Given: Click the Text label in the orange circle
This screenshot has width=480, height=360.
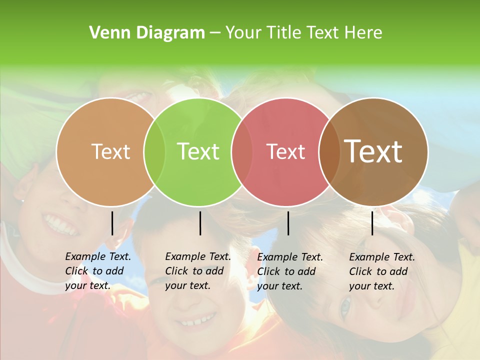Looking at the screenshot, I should [110, 151].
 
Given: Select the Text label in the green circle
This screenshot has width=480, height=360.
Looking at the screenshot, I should [198, 151].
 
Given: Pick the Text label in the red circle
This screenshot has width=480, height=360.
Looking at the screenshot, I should [285, 151].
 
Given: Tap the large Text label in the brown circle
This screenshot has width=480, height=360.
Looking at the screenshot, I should [373, 151].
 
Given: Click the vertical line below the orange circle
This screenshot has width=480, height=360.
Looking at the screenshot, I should [112, 223].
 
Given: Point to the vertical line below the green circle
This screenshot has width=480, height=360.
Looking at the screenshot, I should [200, 223].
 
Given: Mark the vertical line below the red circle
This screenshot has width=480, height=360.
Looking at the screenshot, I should [288, 223].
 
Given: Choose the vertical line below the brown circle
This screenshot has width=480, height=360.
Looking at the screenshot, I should [372, 223].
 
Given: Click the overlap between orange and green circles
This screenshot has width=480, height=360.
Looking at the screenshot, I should [154, 152].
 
